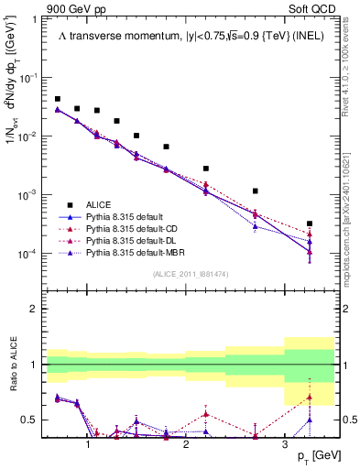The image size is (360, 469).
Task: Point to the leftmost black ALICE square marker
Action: point(58,99)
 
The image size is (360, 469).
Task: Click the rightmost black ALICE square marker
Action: point(310,224)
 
